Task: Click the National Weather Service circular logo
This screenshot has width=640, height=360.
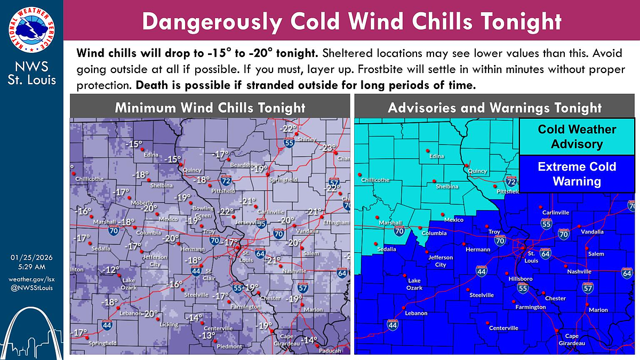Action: [x=31, y=30]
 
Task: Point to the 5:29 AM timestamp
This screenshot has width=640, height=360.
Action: [x=31, y=267]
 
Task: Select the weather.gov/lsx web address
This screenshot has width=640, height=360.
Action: [x=31, y=279]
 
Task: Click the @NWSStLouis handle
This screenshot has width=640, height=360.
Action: [x=31, y=289]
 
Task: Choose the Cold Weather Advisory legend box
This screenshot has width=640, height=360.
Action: [x=577, y=137]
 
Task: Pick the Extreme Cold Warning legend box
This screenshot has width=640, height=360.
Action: [x=577, y=174]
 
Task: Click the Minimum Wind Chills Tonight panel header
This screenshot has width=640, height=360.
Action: [x=210, y=108]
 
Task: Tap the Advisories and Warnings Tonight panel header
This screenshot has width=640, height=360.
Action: [x=494, y=108]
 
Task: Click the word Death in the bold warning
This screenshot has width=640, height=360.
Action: [x=151, y=86]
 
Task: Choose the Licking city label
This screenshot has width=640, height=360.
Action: [x=169, y=324]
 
